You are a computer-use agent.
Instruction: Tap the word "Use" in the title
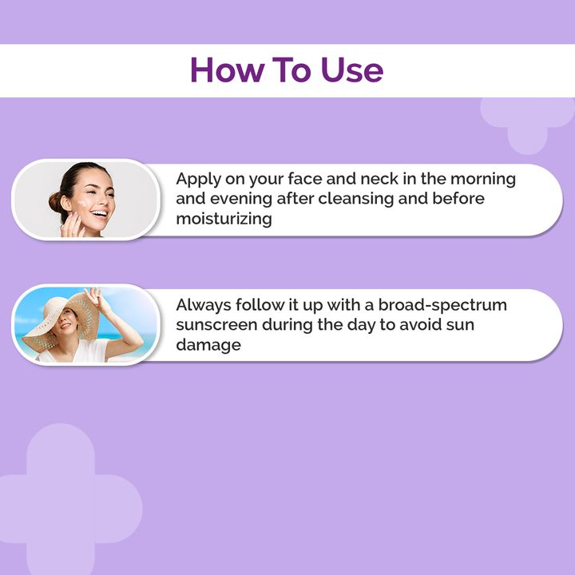tap(349, 70)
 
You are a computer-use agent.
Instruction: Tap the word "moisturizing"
tap(224, 218)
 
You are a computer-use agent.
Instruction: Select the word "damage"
tap(208, 345)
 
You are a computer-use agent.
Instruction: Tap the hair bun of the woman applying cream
tap(55, 200)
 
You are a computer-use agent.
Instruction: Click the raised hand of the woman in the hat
tap(93, 297)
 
